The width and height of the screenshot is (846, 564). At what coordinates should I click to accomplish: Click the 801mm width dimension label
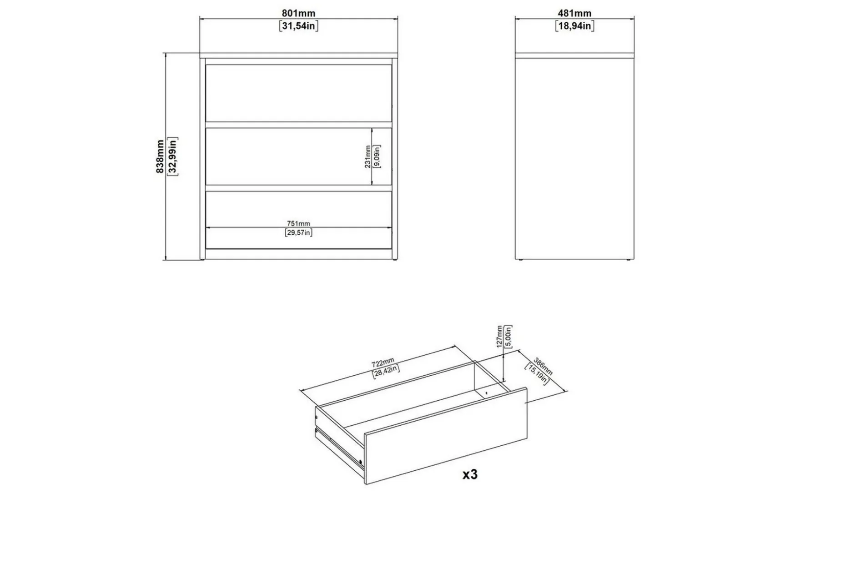(298, 13)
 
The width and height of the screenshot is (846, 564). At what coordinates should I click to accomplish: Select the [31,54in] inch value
(298, 25)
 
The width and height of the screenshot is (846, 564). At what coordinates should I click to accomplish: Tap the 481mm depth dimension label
(574, 13)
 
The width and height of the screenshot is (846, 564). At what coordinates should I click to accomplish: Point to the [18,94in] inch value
(574, 25)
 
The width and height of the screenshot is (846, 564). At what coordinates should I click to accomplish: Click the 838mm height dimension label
(160, 156)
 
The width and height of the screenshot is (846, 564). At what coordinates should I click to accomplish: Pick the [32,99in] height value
(172, 156)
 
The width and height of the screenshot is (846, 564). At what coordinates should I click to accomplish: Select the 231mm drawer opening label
(368, 156)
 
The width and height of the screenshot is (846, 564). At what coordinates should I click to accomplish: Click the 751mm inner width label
(298, 223)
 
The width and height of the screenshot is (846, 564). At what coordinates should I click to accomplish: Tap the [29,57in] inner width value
(298, 232)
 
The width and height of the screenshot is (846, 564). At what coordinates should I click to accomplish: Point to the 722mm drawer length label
(383, 362)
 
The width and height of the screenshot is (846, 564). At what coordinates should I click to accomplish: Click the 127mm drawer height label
(500, 336)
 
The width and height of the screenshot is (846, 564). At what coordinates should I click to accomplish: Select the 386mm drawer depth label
(543, 367)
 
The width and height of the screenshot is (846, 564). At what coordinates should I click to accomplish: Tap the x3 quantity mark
(470, 474)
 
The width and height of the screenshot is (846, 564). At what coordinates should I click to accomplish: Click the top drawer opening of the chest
(298, 93)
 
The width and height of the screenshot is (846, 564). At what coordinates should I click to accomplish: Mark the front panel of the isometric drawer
(446, 436)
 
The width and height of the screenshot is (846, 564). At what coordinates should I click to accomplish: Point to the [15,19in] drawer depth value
(537, 374)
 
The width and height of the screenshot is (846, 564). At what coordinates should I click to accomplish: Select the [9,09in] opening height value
(377, 156)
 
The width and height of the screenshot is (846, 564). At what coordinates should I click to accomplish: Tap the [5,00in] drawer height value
(509, 337)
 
